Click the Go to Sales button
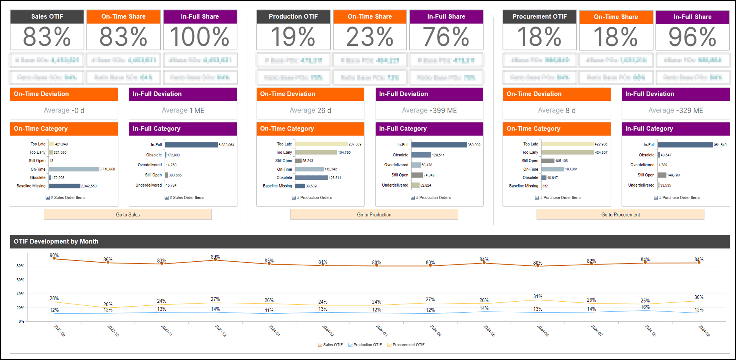(x=128, y=215)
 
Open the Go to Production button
(x=374, y=215)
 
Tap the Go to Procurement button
(x=620, y=215)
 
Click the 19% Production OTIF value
(x=293, y=37)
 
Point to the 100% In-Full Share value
(x=200, y=37)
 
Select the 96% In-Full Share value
(x=692, y=37)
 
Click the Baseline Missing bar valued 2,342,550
(x=64, y=186)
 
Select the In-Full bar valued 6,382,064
(x=191, y=145)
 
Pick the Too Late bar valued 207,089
(x=321, y=144)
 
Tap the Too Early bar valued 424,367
(x=568, y=152)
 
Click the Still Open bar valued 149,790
(x=662, y=175)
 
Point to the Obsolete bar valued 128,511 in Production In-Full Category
(x=421, y=155)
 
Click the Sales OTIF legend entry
(x=330, y=345)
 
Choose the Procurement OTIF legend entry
(x=406, y=345)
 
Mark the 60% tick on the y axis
(x=20, y=280)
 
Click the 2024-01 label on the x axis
(x=274, y=330)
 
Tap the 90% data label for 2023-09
(x=54, y=255)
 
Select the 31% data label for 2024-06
(x=538, y=296)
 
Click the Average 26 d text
(x=310, y=110)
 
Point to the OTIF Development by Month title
(x=56, y=242)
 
